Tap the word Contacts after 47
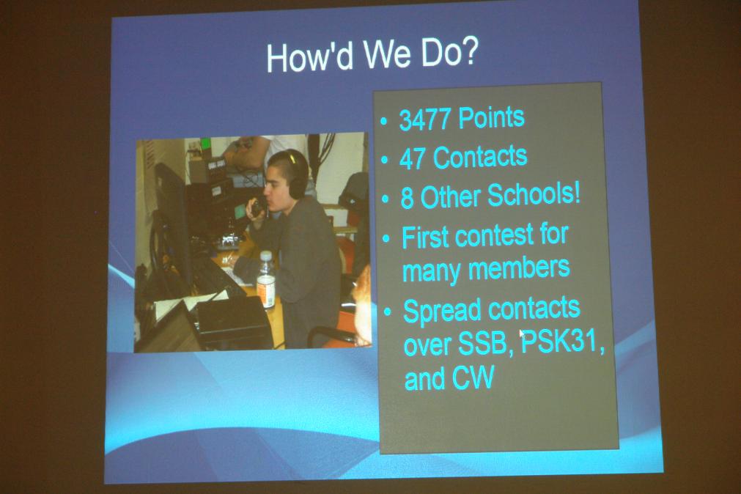(x=479, y=157)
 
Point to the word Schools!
(x=534, y=194)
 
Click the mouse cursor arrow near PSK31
(x=522, y=335)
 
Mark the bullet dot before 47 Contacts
(x=385, y=160)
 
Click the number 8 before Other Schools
(x=407, y=198)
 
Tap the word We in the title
(x=387, y=54)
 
